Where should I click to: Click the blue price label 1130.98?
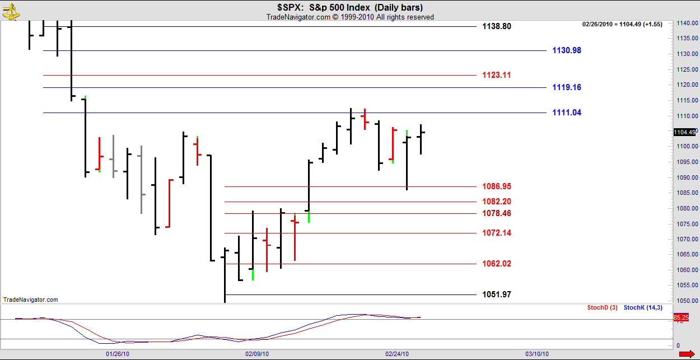[x=566, y=50]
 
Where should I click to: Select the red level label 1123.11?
[x=496, y=75]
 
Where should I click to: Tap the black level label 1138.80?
[x=496, y=26]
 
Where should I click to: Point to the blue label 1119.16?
[x=566, y=87]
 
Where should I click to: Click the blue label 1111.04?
[x=566, y=113]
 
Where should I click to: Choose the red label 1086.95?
[x=496, y=186]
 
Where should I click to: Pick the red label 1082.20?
[x=496, y=202]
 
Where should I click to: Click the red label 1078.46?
[x=496, y=213]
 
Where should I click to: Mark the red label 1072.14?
[x=496, y=233]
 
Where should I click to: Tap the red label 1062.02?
[x=496, y=264]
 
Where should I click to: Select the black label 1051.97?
[x=496, y=294]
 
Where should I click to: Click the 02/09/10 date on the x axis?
[x=257, y=354]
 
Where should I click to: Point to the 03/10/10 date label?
[x=536, y=354]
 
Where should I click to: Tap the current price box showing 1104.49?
[x=684, y=132]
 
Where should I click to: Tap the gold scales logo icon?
[x=10, y=10]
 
